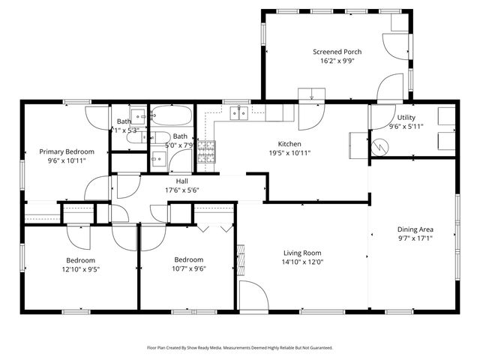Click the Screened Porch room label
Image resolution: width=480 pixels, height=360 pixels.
(337, 52)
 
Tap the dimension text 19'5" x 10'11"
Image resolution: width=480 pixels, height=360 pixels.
(289, 153)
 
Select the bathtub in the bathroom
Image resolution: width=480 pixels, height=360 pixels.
(171, 117)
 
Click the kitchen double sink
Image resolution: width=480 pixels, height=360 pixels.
(240, 112)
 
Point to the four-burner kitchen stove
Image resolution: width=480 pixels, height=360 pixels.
(205, 152)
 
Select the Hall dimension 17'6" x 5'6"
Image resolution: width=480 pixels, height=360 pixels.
(182, 190)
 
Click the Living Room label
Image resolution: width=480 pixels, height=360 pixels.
(302, 253)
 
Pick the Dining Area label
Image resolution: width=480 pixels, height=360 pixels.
(415, 229)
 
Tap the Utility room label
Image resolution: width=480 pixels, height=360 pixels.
(406, 118)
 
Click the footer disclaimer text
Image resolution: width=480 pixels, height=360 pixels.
(240, 348)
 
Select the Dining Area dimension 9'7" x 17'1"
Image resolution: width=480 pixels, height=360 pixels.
(415, 238)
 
